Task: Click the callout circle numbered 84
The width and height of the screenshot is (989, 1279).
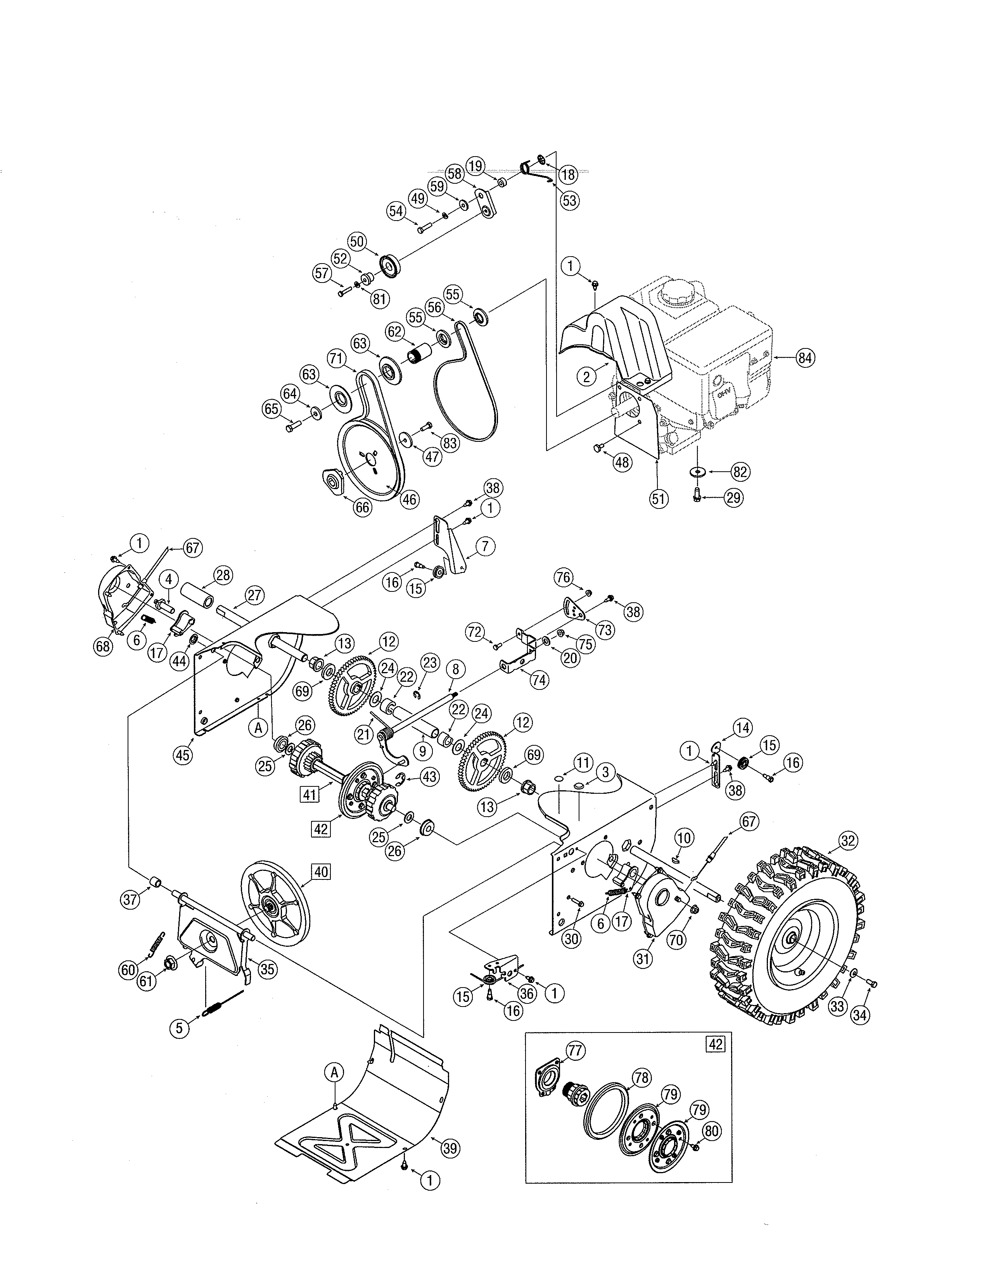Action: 805,357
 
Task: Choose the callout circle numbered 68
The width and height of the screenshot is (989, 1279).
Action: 104,646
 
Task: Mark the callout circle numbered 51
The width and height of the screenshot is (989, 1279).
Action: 659,498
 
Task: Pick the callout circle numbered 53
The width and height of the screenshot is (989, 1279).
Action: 569,200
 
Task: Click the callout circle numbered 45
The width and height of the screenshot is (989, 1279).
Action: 183,755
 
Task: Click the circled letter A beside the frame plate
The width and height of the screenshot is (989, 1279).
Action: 257,727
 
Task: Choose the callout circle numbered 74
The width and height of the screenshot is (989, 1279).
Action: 539,679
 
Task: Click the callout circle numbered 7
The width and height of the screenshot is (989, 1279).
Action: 485,546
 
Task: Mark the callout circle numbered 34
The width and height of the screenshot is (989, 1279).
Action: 859,1015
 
